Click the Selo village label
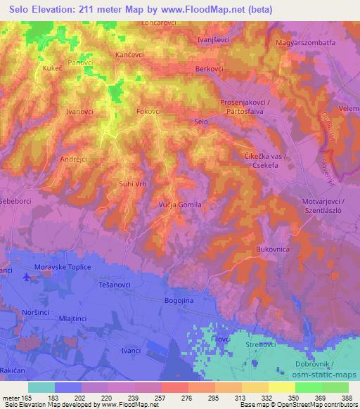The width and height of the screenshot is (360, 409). tap(201, 122)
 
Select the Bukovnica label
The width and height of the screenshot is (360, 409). tap(274, 249)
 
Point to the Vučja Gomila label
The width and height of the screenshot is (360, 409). tap(181, 204)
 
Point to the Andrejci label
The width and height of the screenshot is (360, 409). tap(72, 159)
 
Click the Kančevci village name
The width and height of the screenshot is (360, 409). tap(130, 54)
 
